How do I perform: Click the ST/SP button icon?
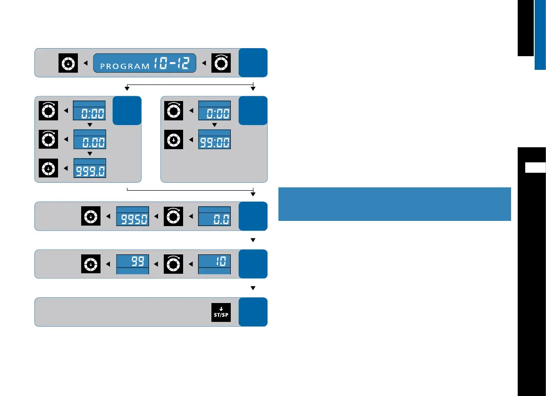(x=221, y=312)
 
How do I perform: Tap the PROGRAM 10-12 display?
(x=145, y=63)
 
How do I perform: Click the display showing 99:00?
(x=214, y=139)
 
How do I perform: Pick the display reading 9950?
(x=133, y=216)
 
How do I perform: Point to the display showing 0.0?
(x=214, y=216)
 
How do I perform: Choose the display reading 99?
(x=133, y=264)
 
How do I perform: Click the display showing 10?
(x=214, y=264)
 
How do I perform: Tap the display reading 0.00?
(x=90, y=139)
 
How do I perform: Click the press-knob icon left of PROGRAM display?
(x=67, y=63)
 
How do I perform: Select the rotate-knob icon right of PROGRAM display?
(x=221, y=63)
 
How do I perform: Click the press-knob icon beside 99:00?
(x=173, y=139)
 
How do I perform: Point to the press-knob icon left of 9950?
(x=90, y=216)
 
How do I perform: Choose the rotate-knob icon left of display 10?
(x=173, y=264)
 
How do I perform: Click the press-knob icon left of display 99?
(x=90, y=264)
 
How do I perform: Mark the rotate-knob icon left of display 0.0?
(x=173, y=216)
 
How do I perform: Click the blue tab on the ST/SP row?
(x=253, y=312)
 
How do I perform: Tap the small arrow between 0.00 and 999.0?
(x=90, y=154)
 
